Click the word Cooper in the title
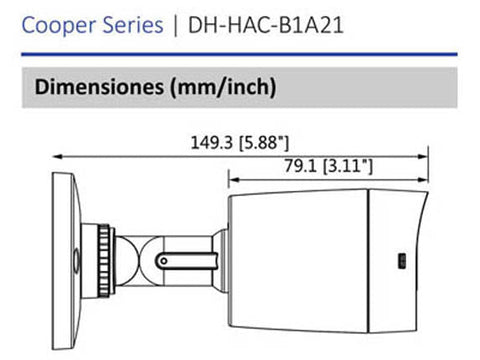point(59,26)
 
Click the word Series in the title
point(133,25)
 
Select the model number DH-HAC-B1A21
point(266,25)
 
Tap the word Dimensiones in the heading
point(99,86)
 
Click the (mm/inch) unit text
point(223,87)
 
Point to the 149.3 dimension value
point(211,143)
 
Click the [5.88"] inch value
point(264,143)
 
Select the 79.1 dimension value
point(300,166)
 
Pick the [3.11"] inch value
point(348,166)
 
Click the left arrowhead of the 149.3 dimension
point(57,156)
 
